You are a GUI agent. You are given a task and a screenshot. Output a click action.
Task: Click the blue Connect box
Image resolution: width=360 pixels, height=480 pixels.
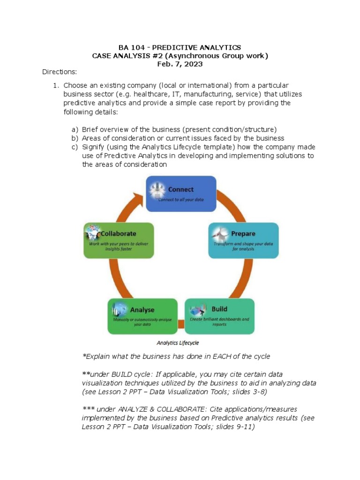point(180,194)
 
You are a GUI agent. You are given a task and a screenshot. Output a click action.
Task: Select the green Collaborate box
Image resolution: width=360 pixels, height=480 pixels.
point(119,240)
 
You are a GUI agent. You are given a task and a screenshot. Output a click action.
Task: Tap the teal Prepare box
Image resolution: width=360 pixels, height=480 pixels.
point(243,240)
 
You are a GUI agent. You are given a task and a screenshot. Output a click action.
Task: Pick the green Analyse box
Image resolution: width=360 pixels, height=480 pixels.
point(142,316)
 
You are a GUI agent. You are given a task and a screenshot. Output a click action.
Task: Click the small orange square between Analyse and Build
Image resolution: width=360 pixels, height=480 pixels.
point(181,323)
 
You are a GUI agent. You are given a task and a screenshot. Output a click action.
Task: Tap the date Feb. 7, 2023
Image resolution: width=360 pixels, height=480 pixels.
point(180,64)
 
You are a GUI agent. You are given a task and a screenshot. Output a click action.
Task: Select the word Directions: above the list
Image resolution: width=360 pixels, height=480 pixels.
point(59,72)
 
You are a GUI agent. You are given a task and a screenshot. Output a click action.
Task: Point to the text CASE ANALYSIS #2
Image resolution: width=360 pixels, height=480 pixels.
point(125,56)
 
